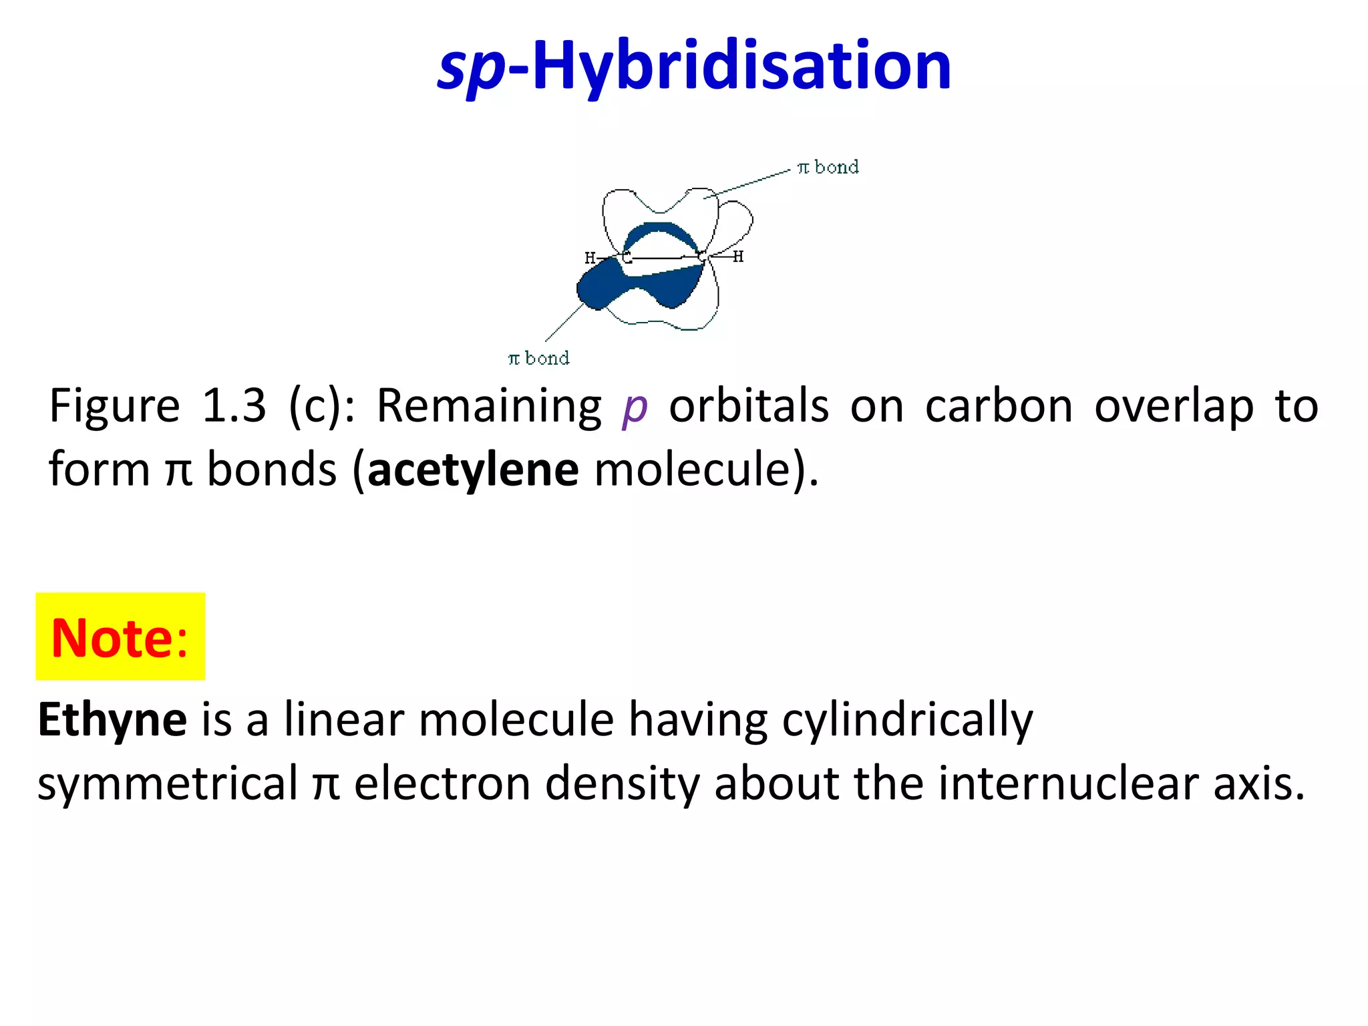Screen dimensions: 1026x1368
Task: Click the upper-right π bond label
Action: tap(828, 167)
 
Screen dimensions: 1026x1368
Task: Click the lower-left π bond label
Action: tap(538, 359)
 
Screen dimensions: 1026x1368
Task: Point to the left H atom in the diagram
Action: tap(590, 258)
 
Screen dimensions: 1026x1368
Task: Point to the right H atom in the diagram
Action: tap(738, 256)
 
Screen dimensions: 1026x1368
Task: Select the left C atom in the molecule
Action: tap(627, 257)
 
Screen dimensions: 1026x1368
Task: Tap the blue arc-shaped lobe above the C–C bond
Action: tap(660, 230)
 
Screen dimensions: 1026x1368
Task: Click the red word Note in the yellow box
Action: tap(112, 638)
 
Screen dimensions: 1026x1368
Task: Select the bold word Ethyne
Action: tap(112, 720)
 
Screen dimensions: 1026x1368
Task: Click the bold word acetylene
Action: tap(473, 470)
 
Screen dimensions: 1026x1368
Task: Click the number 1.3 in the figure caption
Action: tap(234, 405)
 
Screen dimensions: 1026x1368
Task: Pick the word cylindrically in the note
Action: tap(907, 720)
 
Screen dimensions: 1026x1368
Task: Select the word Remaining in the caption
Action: tap(489, 406)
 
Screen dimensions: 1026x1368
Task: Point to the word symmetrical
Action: tap(168, 783)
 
